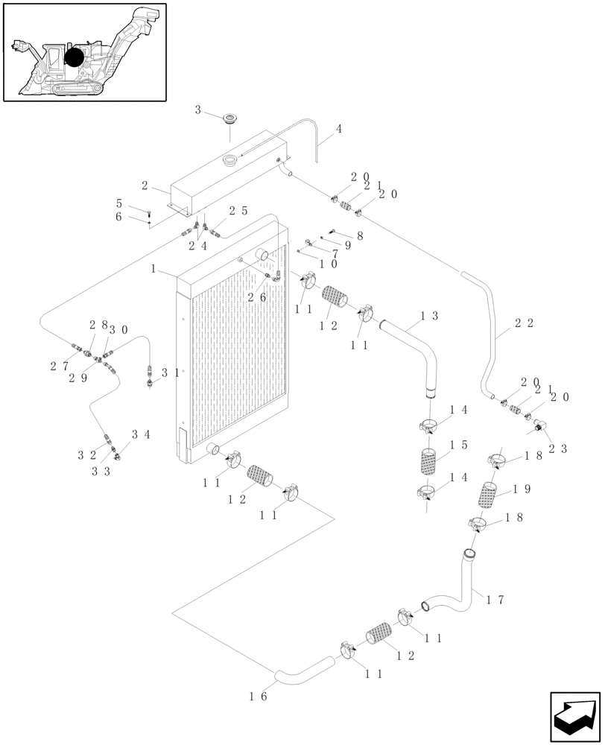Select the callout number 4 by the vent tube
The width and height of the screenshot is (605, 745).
pos(339,129)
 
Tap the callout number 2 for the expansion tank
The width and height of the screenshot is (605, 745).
pos(145,186)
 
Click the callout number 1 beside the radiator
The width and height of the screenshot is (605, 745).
pos(153,268)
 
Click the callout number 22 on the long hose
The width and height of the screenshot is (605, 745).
pos(523,324)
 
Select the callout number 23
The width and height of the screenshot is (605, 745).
pos(559,448)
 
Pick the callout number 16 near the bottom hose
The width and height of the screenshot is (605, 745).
pos(258,696)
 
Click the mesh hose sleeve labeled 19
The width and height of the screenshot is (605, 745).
pos(487,495)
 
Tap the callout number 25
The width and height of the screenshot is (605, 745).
pos(238,212)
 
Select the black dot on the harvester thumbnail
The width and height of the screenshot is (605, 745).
pos(74,57)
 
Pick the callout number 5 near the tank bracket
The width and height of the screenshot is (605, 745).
pos(118,203)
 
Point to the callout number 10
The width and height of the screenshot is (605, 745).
pos(328,264)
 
